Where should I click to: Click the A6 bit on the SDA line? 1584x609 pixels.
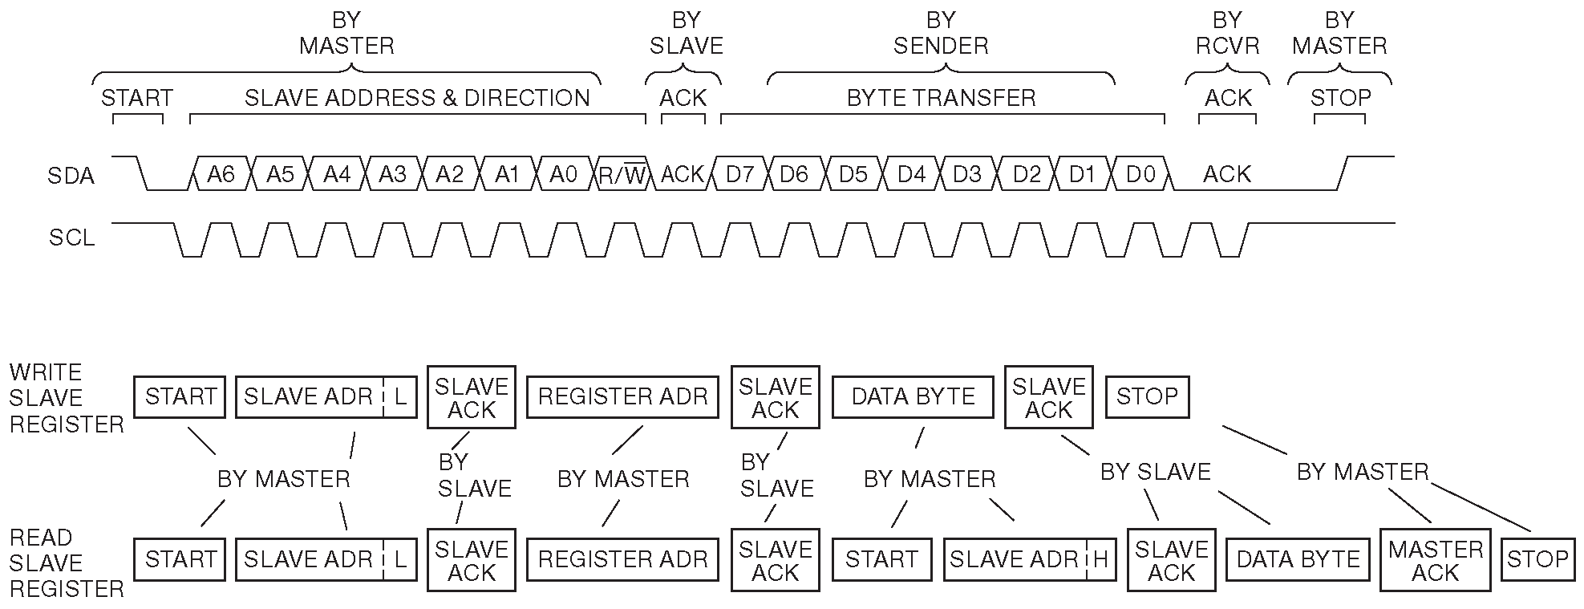click(x=221, y=174)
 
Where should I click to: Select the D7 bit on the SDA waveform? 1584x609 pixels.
click(x=739, y=174)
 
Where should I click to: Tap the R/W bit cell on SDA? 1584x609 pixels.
click(x=623, y=174)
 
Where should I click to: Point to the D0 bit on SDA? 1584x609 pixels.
click(x=1140, y=174)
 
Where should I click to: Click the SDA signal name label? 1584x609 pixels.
click(x=71, y=176)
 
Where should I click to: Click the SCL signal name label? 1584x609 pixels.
click(x=72, y=238)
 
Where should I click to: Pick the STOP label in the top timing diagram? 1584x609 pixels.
click(x=1340, y=98)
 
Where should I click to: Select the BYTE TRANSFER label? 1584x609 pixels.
click(x=942, y=98)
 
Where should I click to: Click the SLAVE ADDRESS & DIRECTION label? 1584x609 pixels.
click(x=417, y=98)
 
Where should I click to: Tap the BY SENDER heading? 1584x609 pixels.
click(x=941, y=33)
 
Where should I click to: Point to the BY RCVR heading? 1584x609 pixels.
click(x=1227, y=33)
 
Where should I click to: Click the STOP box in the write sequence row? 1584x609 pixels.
click(x=1147, y=396)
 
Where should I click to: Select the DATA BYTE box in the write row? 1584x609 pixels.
click(x=913, y=396)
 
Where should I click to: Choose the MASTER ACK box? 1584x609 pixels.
click(x=1436, y=560)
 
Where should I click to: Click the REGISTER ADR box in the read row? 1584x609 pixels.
click(x=623, y=559)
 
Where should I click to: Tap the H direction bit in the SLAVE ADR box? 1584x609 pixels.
click(x=1100, y=559)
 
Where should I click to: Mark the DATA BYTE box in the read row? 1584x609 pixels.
click(x=1298, y=559)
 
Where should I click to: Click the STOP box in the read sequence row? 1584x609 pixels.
click(x=1537, y=559)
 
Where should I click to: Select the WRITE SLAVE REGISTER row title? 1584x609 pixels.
click(x=67, y=398)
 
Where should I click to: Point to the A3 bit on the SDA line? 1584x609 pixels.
click(x=393, y=174)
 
